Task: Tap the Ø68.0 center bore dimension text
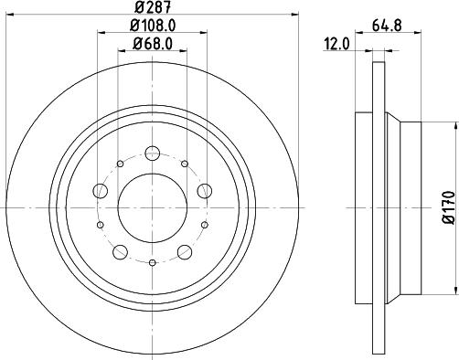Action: point(152,43)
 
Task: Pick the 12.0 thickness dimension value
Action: point(339,43)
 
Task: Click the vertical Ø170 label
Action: point(448,207)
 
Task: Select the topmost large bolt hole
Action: point(152,153)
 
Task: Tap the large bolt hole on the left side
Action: point(100,191)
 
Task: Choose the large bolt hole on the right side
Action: point(204,191)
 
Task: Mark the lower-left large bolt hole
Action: point(120,251)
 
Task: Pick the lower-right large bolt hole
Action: point(184,251)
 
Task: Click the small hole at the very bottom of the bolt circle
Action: point(152,262)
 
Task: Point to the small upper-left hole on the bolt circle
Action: point(120,164)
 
